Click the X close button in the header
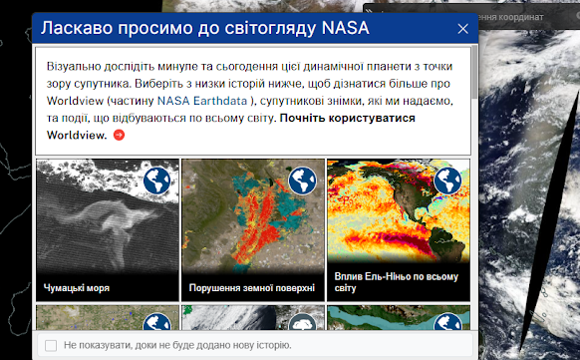(462, 30)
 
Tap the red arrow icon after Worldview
(120, 135)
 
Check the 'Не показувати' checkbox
(51, 345)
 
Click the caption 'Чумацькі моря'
(77, 288)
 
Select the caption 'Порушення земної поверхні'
(252, 288)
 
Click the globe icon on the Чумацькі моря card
(157, 180)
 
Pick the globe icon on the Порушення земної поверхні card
(303, 180)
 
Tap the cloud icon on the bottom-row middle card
(303, 323)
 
